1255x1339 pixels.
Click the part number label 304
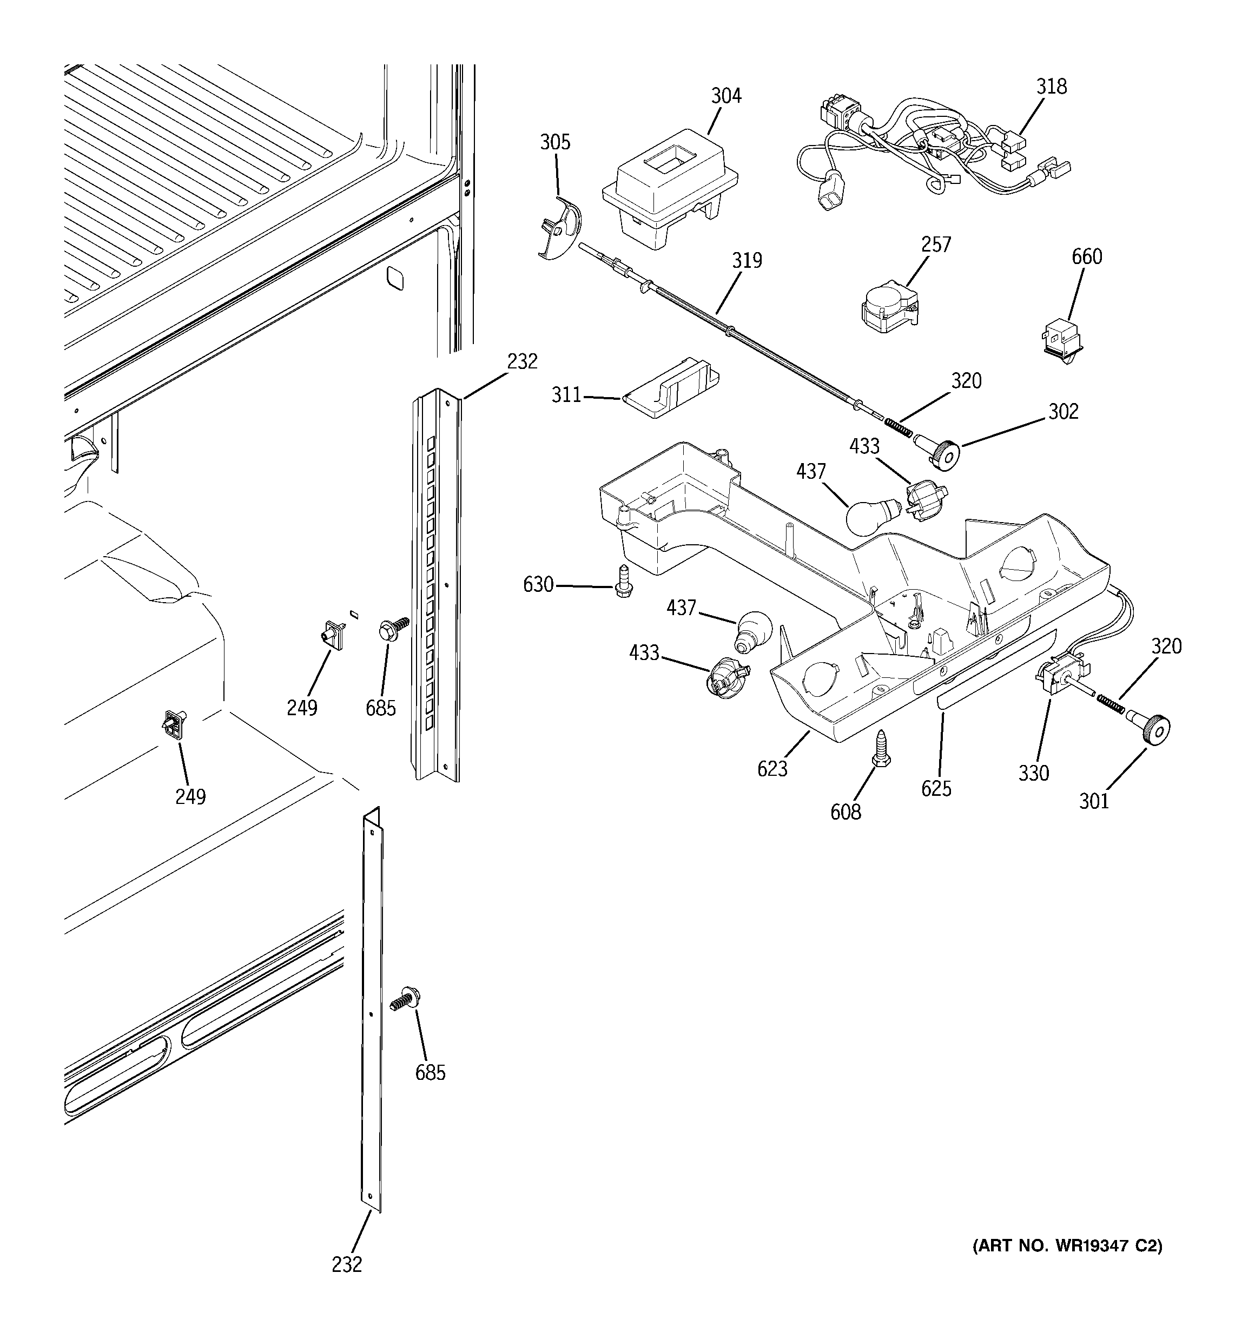[725, 96]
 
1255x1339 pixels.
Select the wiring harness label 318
[1051, 87]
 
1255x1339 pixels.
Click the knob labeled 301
[1153, 729]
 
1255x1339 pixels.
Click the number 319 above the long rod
[747, 261]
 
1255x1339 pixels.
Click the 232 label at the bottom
[346, 1264]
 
